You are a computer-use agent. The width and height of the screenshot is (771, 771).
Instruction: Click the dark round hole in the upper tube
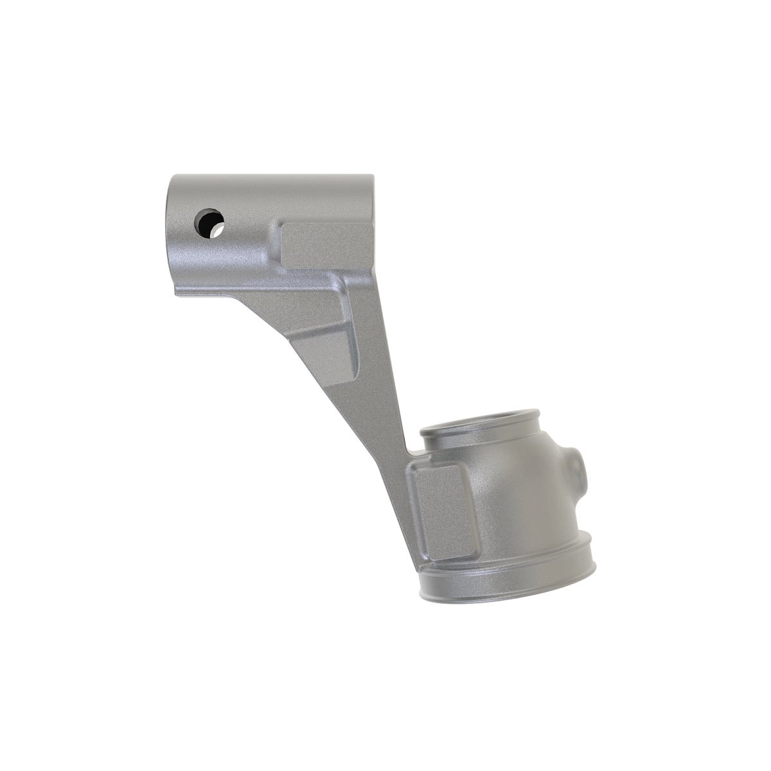(x=208, y=222)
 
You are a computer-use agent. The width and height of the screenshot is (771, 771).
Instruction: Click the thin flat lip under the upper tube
(x=206, y=294)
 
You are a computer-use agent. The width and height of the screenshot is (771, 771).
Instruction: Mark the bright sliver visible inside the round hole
(x=219, y=228)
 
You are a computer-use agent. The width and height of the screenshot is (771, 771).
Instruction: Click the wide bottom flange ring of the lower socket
(x=508, y=585)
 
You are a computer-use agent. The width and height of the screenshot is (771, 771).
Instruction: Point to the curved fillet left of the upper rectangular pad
(x=275, y=247)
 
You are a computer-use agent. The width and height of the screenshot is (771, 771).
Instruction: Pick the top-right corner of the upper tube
(x=371, y=176)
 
